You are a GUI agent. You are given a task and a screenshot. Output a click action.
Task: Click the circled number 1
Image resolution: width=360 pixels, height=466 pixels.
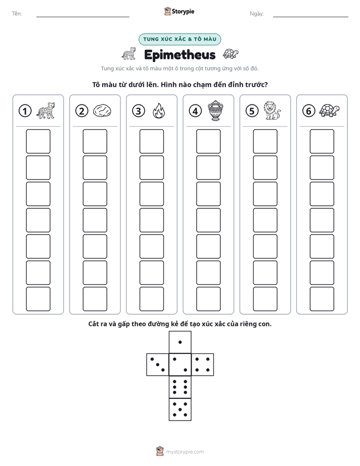pos(25,111)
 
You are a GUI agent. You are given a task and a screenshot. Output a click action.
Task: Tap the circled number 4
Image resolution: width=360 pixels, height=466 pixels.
pos(195,111)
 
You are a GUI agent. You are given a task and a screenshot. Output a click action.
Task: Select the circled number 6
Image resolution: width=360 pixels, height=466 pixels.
pos(309,111)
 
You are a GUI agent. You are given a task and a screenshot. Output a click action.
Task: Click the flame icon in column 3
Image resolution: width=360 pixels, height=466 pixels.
pos(159,111)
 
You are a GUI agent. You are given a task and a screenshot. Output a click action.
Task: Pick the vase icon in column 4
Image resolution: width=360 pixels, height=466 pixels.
pos(215,110)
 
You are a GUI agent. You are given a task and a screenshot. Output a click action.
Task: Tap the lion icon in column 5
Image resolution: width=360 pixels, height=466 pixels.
pos(272,110)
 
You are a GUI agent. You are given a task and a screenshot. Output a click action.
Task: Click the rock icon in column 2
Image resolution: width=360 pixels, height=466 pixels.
pos(102,111)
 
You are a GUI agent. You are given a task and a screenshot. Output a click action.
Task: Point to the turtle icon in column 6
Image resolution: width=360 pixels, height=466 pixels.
pos(329,110)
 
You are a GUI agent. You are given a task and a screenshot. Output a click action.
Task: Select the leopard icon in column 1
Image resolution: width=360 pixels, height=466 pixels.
pos(45,110)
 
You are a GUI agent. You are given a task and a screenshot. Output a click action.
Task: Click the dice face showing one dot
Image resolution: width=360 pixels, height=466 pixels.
pos(180,342)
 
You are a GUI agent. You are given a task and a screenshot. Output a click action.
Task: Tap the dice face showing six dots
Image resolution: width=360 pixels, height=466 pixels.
pos(180,387)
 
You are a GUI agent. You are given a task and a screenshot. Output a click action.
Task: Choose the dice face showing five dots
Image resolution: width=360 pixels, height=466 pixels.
pos(180,409)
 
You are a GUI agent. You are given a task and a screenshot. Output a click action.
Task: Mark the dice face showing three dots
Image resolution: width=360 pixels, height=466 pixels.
pos(158,364)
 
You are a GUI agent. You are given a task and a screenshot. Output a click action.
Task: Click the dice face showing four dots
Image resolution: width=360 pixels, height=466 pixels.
pos(203,364)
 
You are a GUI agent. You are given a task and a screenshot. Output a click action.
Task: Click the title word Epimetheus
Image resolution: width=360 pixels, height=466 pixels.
pos(179,55)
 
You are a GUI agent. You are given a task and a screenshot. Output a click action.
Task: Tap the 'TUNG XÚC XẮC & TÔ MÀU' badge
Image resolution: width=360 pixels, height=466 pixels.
pos(179,39)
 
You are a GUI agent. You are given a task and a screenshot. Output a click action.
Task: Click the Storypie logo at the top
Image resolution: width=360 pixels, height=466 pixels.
pos(179,11)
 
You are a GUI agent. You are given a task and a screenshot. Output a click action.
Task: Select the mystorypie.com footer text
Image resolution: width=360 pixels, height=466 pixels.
pos(185,452)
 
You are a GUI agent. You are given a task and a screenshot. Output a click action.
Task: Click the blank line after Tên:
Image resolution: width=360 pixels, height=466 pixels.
pos(83,17)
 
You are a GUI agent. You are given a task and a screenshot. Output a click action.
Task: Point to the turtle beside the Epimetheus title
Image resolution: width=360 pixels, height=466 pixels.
pos(230,54)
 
